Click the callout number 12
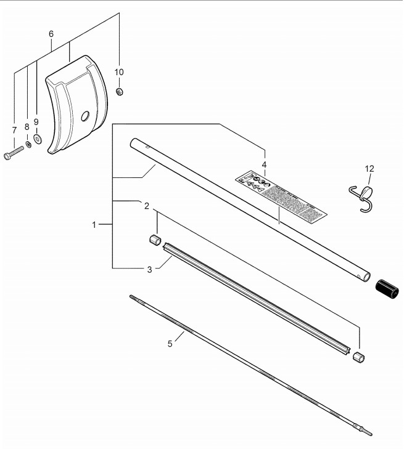pyautogui.click(x=369, y=168)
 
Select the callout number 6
pyautogui.click(x=51, y=33)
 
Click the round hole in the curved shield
pyautogui.click(x=86, y=115)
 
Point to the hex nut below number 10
pyautogui.click(x=120, y=91)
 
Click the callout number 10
pyautogui.click(x=120, y=72)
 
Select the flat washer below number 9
pyautogui.click(x=38, y=139)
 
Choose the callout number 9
pyautogui.click(x=36, y=122)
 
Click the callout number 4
pyautogui.click(x=264, y=164)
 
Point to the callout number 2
pyautogui.click(x=146, y=205)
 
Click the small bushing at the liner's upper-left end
pyautogui.click(x=155, y=239)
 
